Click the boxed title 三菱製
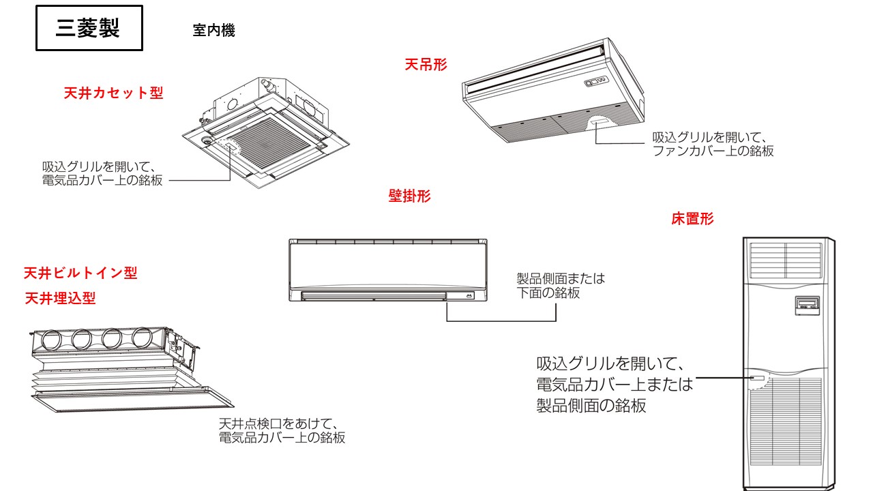[89, 29]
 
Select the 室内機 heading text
[213, 31]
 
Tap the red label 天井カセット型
[114, 93]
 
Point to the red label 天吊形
[426, 65]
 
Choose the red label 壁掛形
[409, 196]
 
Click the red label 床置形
[692, 219]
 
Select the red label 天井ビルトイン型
[80, 273]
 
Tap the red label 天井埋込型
[60, 299]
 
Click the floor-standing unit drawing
[788, 361]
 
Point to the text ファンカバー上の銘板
[713, 151]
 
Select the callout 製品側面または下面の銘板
[561, 286]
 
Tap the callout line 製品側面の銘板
[591, 406]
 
